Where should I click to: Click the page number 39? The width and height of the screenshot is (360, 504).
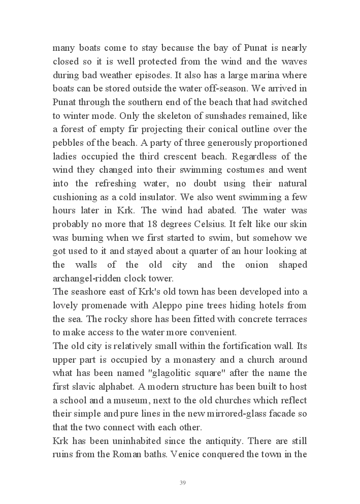(183, 483)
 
